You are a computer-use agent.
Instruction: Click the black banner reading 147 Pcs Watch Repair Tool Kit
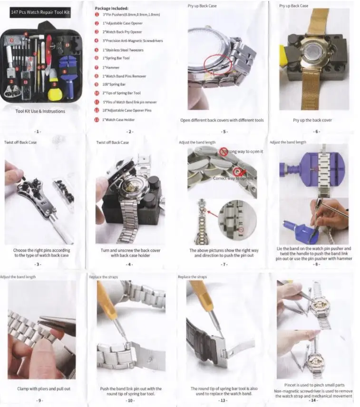40,13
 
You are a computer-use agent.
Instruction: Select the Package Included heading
111,8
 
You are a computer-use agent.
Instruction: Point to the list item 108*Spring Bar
114,84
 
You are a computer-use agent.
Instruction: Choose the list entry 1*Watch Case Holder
118,119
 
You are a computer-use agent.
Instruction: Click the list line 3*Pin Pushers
131,15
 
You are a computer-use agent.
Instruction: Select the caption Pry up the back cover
312,120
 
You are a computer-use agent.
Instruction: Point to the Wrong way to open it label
244,151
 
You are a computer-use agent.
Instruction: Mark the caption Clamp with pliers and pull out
44,388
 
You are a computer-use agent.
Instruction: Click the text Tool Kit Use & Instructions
40,111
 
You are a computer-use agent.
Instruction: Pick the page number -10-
130,400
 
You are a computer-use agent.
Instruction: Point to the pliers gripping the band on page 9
57,324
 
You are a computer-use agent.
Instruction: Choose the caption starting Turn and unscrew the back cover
130,252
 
